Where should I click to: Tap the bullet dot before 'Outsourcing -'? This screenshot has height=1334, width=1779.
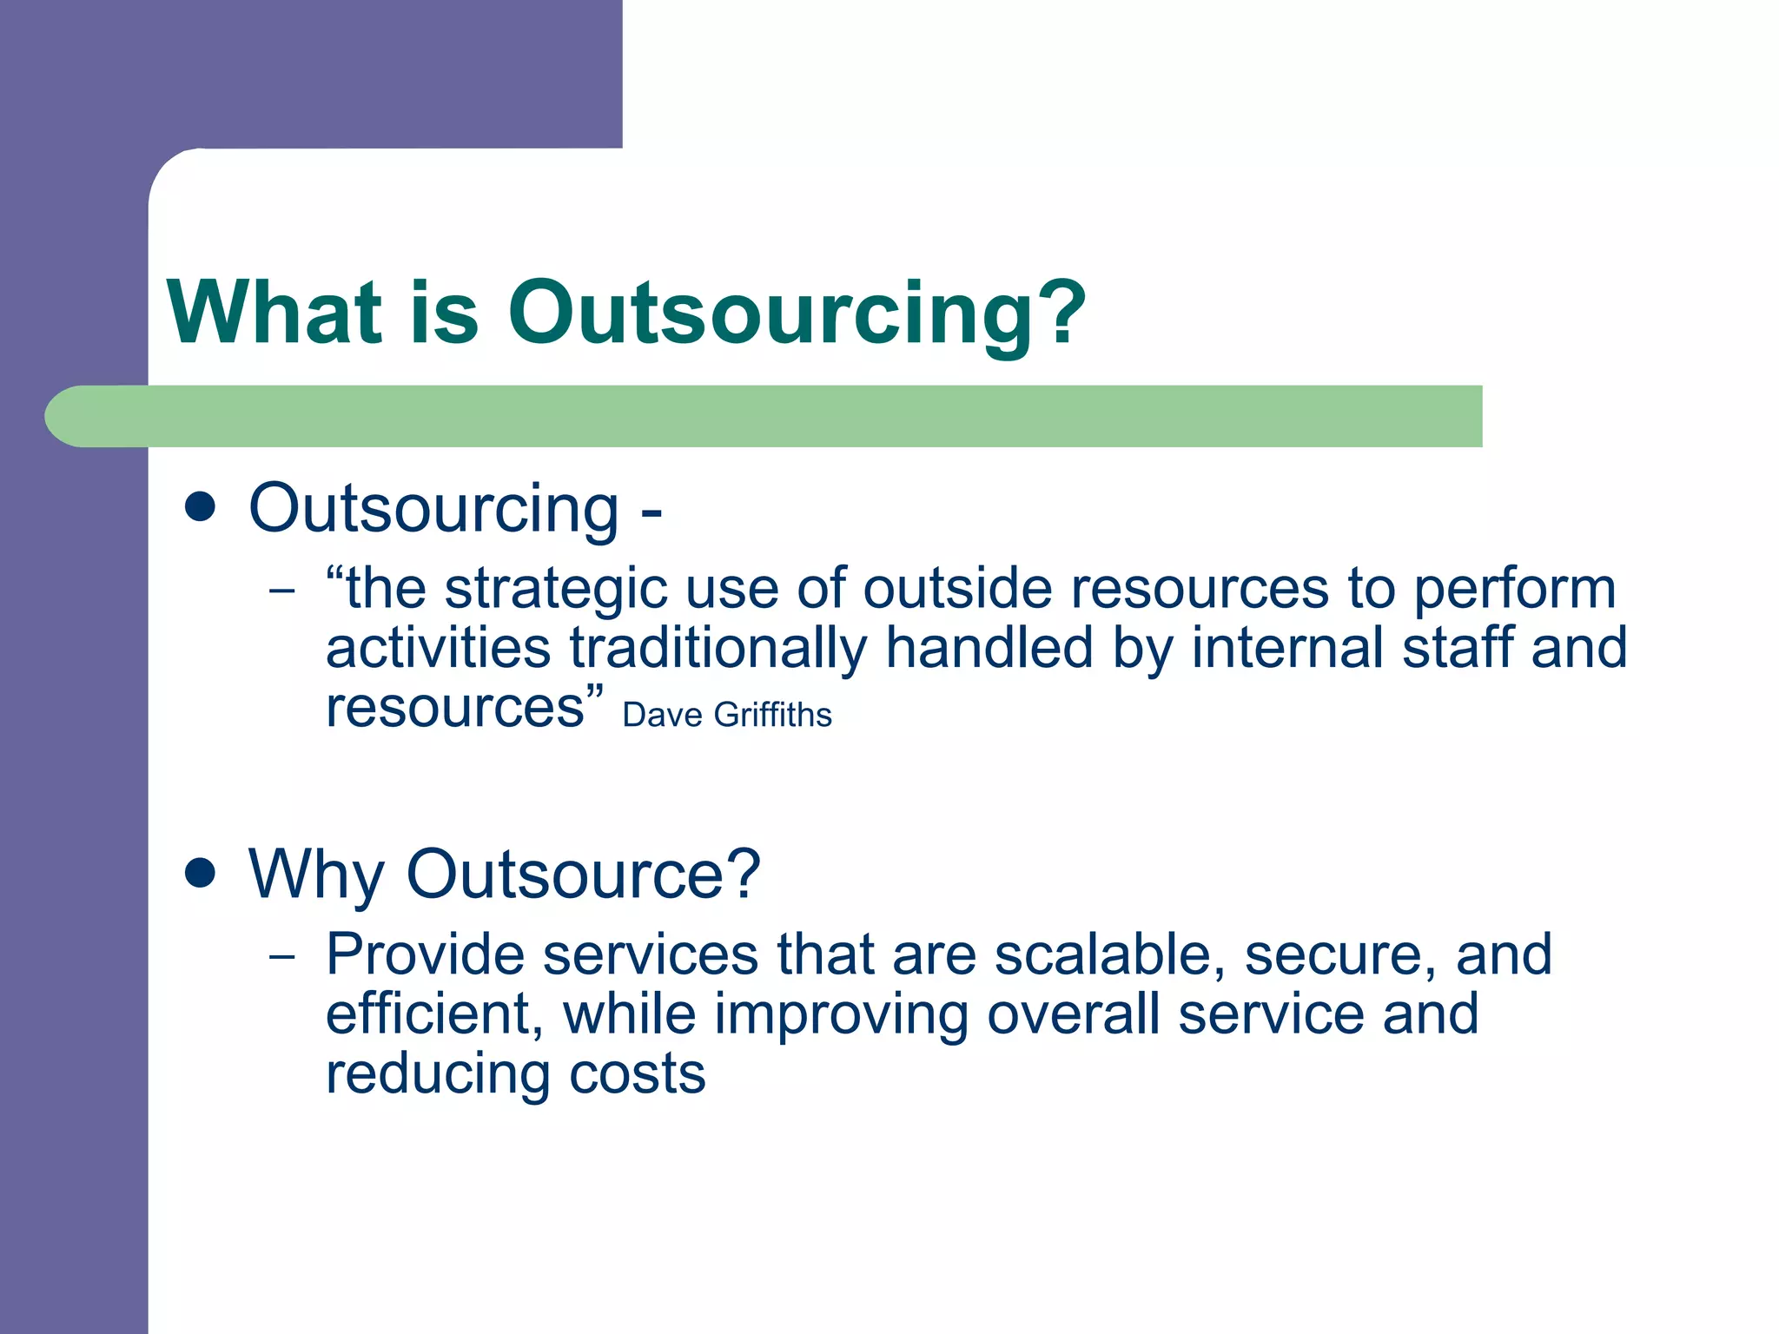click(x=201, y=507)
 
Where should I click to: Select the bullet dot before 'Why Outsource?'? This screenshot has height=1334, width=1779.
click(x=201, y=873)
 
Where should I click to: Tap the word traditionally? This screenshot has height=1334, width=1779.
click(x=718, y=649)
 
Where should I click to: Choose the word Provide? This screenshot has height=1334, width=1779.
click(x=425, y=954)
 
